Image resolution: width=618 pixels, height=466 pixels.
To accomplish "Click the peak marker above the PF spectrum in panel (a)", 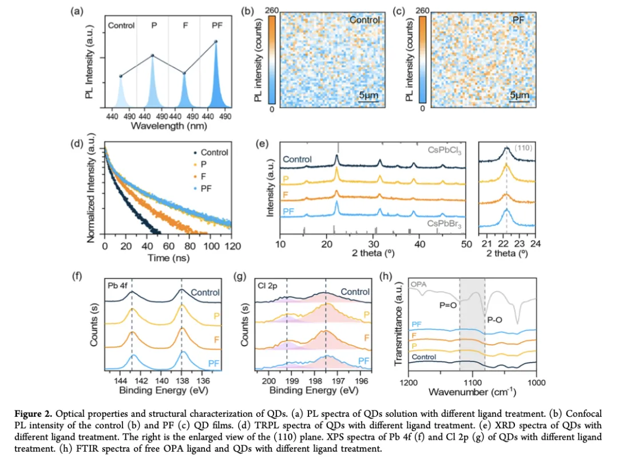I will [216, 41].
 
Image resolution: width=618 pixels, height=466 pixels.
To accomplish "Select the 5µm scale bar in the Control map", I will [369, 96].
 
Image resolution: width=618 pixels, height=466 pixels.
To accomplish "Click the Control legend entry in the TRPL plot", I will [211, 153].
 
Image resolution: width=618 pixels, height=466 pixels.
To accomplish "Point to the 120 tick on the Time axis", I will [231, 245].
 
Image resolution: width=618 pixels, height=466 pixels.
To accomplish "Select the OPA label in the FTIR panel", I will [419, 283].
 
